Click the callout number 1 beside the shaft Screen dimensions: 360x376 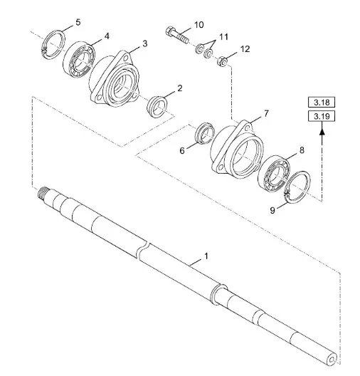pos(206,256)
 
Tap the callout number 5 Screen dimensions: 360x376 pos(78,23)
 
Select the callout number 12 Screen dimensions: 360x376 pos(245,49)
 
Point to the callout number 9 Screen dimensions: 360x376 pos(272,210)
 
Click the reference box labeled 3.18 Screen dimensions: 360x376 pos(322,103)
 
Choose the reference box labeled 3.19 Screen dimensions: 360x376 pos(322,116)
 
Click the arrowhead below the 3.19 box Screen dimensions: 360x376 pos(322,131)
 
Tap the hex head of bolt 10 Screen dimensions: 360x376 pos(169,31)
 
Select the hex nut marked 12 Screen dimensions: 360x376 pos(222,61)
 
